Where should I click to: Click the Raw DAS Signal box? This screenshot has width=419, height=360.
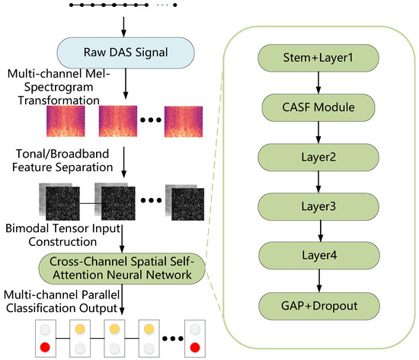point(126,53)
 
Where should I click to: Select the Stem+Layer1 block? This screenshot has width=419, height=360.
point(318,58)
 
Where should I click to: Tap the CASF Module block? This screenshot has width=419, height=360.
point(318,107)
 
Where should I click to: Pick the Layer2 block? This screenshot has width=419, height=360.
point(318,158)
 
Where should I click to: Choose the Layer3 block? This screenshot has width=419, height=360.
point(318,206)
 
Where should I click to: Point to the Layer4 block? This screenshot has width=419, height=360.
point(319,255)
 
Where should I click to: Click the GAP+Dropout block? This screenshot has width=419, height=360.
point(319,306)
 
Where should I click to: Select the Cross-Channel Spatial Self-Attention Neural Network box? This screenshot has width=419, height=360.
point(122,269)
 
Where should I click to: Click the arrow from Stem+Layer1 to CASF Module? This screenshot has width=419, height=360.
point(318,83)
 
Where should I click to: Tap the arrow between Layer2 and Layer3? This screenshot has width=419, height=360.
point(318,182)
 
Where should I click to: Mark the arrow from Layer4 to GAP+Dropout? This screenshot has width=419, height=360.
point(319,281)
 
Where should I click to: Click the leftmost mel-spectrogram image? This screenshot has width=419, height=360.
point(66,121)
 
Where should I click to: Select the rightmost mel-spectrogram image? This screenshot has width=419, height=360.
point(184,122)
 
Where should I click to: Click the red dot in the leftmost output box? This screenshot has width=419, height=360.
point(45,348)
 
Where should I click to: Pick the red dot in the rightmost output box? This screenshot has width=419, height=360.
point(195,348)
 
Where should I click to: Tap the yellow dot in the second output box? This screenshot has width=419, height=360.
point(80,329)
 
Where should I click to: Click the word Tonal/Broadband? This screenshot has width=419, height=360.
point(62,154)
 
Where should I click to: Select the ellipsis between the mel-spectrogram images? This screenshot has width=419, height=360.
point(151,120)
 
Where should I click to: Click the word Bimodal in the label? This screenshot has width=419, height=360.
point(28,228)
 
